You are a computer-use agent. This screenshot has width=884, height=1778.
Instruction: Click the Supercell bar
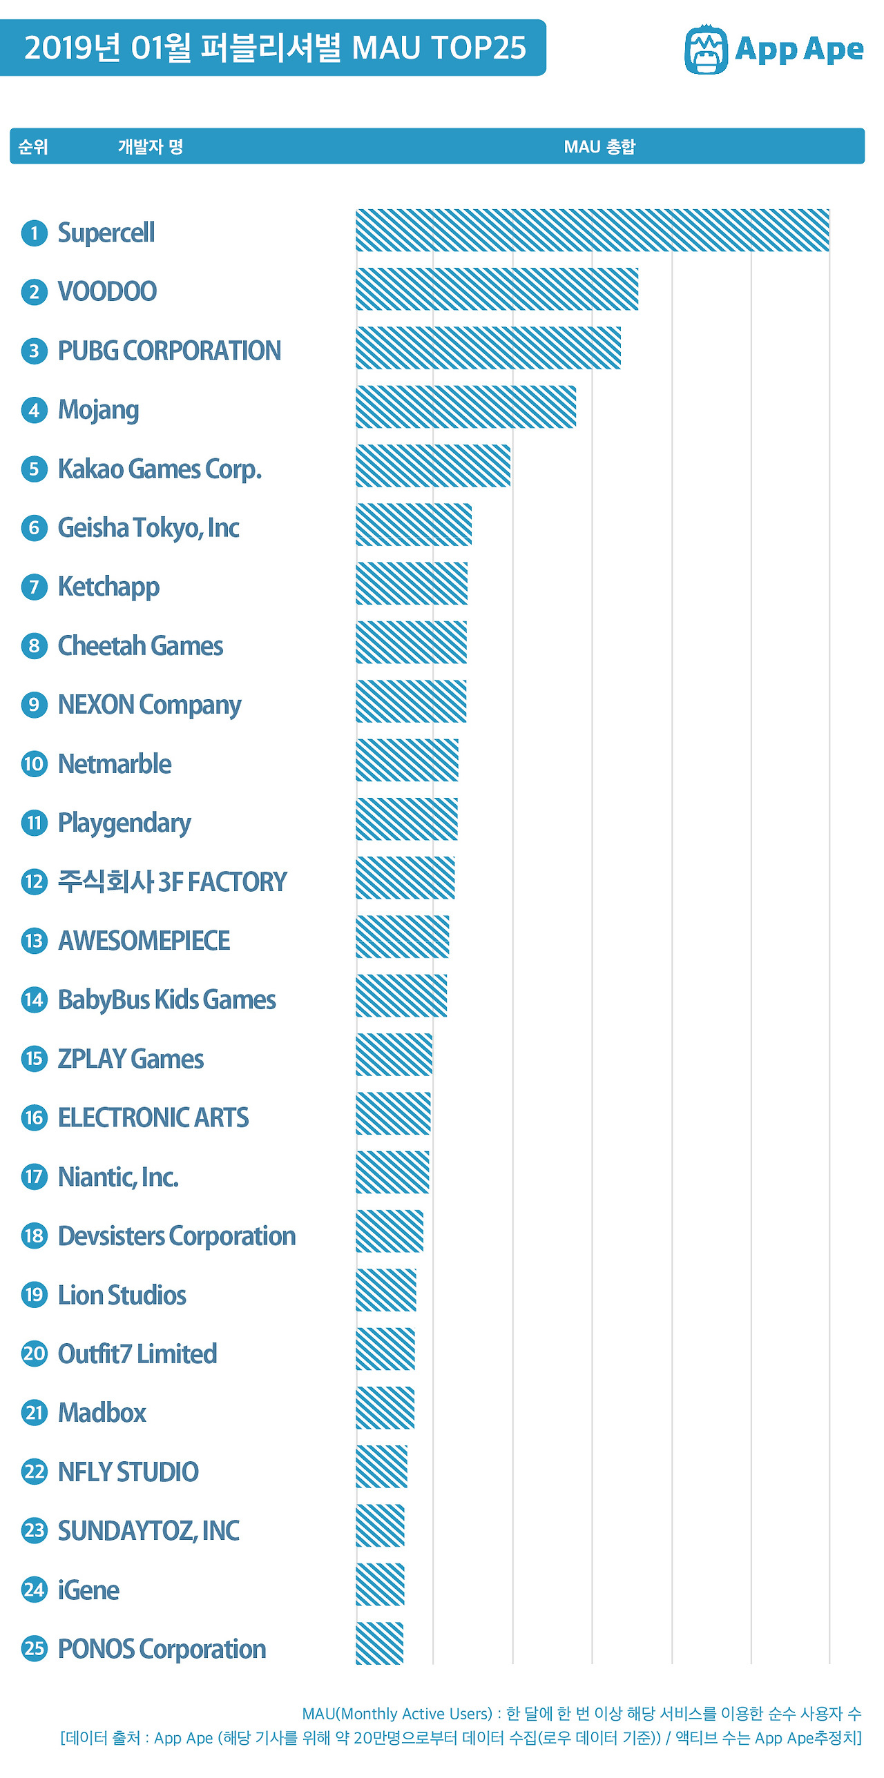(592, 231)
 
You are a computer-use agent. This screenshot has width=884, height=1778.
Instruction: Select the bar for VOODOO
(497, 289)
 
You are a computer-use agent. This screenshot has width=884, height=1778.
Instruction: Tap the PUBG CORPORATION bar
(488, 348)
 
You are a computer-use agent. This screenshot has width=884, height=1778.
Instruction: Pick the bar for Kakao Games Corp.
(433, 466)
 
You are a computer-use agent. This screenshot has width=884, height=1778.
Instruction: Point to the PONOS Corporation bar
(379, 1643)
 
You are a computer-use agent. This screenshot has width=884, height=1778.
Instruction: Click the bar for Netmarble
(407, 760)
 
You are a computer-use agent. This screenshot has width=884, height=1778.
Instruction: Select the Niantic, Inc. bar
(392, 1172)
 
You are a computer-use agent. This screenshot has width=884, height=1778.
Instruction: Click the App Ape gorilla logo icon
(705, 50)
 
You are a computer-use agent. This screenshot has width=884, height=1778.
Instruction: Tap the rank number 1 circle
(34, 233)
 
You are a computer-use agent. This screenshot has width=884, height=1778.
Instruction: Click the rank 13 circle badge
(34, 941)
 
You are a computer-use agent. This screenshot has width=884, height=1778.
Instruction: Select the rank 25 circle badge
(34, 1648)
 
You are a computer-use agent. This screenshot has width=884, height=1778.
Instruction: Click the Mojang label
(98, 410)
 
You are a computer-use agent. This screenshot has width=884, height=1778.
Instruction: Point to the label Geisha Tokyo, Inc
(148, 528)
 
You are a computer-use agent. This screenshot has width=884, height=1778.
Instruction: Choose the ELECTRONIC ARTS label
(153, 1117)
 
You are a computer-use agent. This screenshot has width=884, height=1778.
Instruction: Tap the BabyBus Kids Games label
(166, 999)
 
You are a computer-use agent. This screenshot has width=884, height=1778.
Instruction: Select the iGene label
(88, 1590)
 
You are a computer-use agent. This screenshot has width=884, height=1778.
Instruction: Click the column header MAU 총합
(599, 146)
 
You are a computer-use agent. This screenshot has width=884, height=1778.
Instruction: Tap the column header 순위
(32, 146)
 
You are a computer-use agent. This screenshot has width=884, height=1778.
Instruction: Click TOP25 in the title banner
(478, 48)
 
